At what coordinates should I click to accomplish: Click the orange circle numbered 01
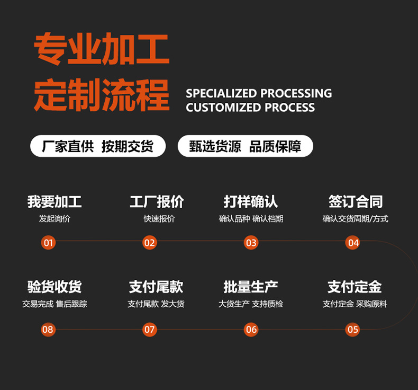coord(48,243)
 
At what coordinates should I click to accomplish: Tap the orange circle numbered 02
coord(150,243)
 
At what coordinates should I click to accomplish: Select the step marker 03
coord(251,243)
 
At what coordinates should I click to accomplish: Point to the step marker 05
coord(352,330)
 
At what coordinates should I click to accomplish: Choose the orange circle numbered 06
coord(251,330)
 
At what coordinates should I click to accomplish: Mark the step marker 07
coord(150,330)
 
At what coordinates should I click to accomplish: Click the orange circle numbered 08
coord(48,330)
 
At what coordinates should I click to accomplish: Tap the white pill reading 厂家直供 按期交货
coord(98,146)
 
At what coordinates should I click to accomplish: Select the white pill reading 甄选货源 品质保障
coord(246,146)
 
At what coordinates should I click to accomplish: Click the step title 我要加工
coord(54,201)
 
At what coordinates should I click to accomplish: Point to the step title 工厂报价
coord(157,201)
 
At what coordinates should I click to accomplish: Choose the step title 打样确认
coord(251,201)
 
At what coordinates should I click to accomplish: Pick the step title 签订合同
coord(356,201)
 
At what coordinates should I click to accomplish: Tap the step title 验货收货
coord(54,287)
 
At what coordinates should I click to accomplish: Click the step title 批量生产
coord(251,287)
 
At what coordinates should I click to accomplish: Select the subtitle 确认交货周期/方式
coord(356,219)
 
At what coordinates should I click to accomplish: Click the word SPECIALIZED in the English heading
coord(221,93)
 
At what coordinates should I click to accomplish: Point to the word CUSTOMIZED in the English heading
coord(223,108)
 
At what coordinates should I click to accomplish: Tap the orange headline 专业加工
coord(102,49)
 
